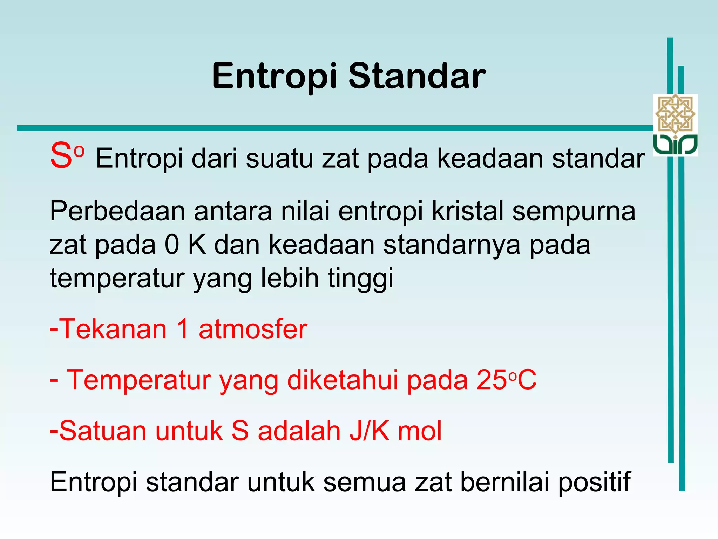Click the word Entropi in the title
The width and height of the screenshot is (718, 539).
274,76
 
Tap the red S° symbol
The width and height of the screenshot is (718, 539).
66,156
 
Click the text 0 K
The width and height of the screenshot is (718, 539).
185,245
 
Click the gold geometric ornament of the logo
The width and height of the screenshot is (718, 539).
675,113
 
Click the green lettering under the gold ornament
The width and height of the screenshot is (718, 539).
675,145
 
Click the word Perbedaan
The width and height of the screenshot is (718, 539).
117,211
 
